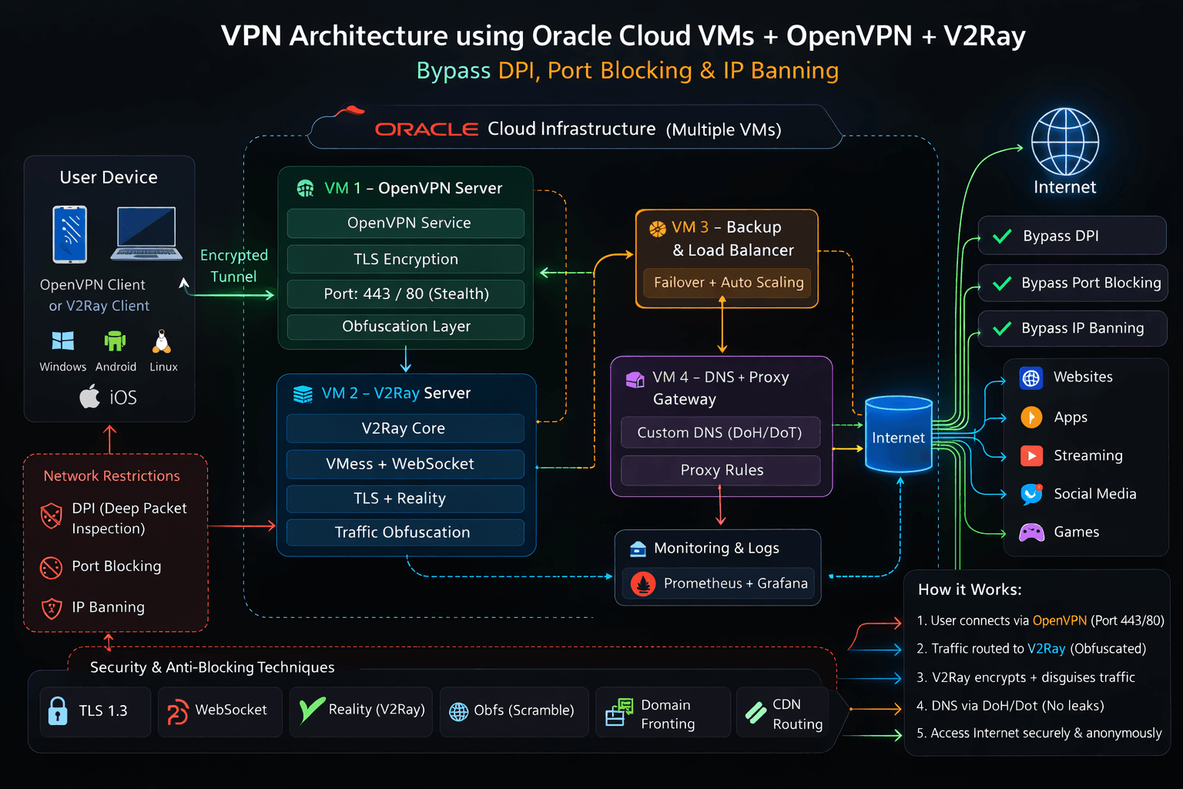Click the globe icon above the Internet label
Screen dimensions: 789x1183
pyautogui.click(x=1064, y=142)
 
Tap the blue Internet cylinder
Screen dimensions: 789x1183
pyautogui.click(x=898, y=435)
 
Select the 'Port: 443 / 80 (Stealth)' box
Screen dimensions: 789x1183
pyautogui.click(x=406, y=294)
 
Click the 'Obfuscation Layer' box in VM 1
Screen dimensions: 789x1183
pyautogui.click(x=406, y=327)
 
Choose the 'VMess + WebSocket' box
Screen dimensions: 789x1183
pyautogui.click(x=405, y=464)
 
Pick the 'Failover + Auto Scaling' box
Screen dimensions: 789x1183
pyautogui.click(x=728, y=283)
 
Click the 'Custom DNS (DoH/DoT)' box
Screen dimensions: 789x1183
pyautogui.click(x=719, y=433)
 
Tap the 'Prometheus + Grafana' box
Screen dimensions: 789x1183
pyautogui.click(x=720, y=584)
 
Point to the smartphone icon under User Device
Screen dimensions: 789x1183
pyautogui.click(x=69, y=234)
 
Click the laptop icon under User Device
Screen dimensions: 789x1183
pyautogui.click(x=146, y=233)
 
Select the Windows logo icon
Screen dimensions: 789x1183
pyautogui.click(x=62, y=341)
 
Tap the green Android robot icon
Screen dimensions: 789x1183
pyautogui.click(x=115, y=341)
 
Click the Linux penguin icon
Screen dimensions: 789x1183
pyautogui.click(x=162, y=341)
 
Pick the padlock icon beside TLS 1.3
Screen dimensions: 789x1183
pyautogui.click(x=58, y=710)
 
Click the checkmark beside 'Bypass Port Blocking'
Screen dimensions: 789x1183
pyautogui.click(x=1002, y=284)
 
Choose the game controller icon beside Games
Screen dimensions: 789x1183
pyautogui.click(x=1031, y=532)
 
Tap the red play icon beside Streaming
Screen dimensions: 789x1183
pyautogui.click(x=1031, y=455)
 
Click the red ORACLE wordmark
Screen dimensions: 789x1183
pyautogui.click(x=427, y=129)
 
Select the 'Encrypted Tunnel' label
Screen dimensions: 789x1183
pyautogui.click(x=234, y=266)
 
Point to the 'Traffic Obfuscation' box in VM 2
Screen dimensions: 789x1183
pyautogui.click(x=403, y=532)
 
